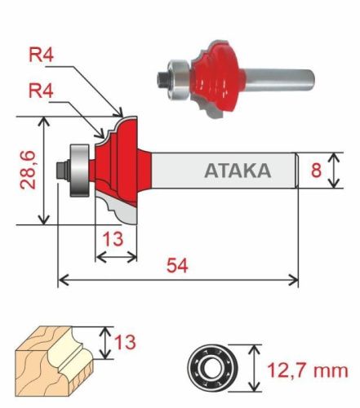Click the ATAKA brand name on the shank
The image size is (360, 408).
pos(236,171)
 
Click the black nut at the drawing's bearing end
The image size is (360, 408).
pos(59,170)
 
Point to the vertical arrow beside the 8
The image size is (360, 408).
pos(334,171)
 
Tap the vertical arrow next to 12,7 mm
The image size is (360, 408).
pos(256,366)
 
